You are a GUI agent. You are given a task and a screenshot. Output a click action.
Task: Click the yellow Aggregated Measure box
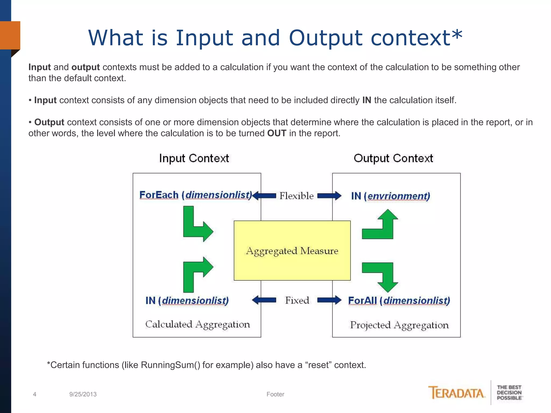[x=292, y=251]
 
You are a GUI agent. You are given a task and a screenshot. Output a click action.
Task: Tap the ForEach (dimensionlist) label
[x=196, y=195]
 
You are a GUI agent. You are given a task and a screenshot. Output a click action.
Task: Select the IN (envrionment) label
[x=390, y=196]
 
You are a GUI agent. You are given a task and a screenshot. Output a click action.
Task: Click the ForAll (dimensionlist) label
[x=399, y=300]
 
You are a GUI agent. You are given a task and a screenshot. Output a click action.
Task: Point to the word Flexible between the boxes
[x=296, y=196]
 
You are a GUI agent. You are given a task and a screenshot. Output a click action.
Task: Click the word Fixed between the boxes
[x=297, y=300]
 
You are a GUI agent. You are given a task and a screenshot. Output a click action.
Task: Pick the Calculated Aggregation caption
[x=197, y=324]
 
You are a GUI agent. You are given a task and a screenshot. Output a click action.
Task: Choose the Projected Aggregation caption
[x=399, y=325]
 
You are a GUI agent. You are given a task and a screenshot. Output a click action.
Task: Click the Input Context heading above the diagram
[x=194, y=158]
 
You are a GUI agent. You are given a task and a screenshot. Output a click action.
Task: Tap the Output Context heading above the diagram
[x=393, y=158]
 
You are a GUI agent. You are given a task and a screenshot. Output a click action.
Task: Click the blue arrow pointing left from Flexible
[x=264, y=195]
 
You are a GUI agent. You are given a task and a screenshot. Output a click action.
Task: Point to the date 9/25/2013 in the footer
[x=83, y=394]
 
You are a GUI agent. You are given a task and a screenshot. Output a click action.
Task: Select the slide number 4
[x=34, y=394]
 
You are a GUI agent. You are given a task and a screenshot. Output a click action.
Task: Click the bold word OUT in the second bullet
[x=277, y=133]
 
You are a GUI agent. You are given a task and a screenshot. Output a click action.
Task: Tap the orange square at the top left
[x=10, y=35]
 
